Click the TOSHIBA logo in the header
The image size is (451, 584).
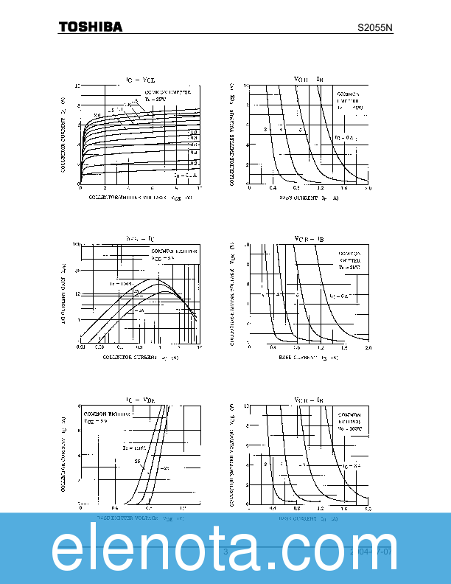[91, 27]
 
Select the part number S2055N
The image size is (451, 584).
[375, 28]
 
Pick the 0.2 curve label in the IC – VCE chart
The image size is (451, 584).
[194, 161]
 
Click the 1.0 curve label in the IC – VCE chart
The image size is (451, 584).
[194, 132]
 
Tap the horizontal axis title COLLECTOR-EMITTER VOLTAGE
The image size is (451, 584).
[140, 198]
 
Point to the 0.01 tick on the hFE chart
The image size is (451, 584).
[80, 347]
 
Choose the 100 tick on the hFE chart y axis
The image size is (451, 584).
[75, 244]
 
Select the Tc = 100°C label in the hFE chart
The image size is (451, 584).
[120, 284]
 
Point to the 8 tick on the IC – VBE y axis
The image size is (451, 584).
[78, 406]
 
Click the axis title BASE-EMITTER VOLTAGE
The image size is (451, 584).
[139, 518]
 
